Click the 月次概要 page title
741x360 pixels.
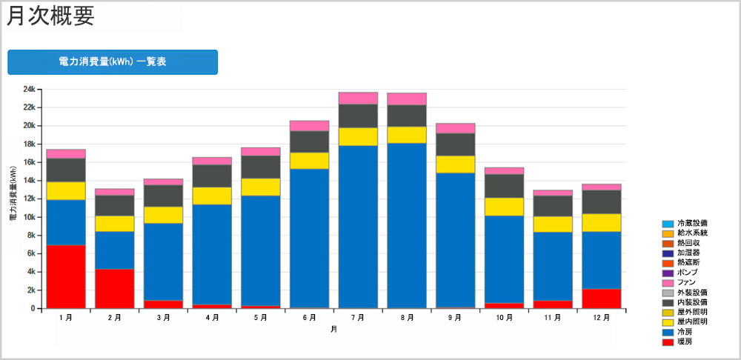[50, 16]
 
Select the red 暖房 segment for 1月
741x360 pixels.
[66, 276]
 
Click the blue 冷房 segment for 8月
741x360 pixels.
[407, 225]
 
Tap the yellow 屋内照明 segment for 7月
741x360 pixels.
[358, 136]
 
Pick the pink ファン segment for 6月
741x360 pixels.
[310, 125]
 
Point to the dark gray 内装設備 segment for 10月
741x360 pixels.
[504, 186]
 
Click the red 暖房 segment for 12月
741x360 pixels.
[601, 298]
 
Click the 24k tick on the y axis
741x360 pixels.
[29, 90]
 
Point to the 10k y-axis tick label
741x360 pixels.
[29, 217]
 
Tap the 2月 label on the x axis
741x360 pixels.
[115, 317]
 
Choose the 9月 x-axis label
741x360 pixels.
[455, 317]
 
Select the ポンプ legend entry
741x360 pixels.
[687, 273]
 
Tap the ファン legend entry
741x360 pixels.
[687, 283]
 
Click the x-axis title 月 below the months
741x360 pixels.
[333, 329]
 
